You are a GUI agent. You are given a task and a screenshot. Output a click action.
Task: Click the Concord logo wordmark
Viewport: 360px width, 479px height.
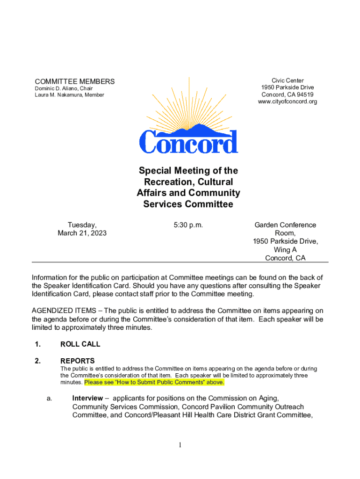coord(188,141)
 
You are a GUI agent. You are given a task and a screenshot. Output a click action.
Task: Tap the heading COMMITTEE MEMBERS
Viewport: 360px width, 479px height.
coord(75,81)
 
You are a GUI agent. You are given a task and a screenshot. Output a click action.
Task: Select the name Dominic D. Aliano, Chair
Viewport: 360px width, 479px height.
coord(64,88)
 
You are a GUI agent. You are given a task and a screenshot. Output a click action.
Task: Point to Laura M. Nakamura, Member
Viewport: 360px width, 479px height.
coord(70,95)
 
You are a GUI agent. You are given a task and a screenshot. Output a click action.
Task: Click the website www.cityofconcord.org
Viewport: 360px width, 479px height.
coord(288,102)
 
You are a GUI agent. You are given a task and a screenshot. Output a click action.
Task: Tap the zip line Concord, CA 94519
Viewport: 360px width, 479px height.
coord(288,94)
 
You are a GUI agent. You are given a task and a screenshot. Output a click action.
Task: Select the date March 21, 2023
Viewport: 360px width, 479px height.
coord(82,233)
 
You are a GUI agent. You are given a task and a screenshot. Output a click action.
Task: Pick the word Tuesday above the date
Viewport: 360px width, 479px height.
coord(82,225)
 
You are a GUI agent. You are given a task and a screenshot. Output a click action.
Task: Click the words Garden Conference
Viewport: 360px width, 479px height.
coord(285,225)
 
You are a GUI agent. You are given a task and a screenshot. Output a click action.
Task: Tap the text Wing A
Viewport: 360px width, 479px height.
coord(285,250)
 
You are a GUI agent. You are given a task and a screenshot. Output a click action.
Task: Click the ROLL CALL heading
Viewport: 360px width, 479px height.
coord(80,344)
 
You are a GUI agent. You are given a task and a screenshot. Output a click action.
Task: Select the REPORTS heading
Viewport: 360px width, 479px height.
coord(78,361)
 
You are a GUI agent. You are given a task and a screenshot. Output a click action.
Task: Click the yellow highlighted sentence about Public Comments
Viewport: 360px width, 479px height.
coord(154,382)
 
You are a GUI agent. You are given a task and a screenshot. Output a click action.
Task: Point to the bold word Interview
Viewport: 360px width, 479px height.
coord(87,398)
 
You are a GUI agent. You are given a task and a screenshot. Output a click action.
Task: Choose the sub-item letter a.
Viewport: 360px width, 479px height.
coord(49,398)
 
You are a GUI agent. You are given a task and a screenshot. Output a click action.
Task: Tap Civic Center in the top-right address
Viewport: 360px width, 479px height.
coord(288,81)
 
